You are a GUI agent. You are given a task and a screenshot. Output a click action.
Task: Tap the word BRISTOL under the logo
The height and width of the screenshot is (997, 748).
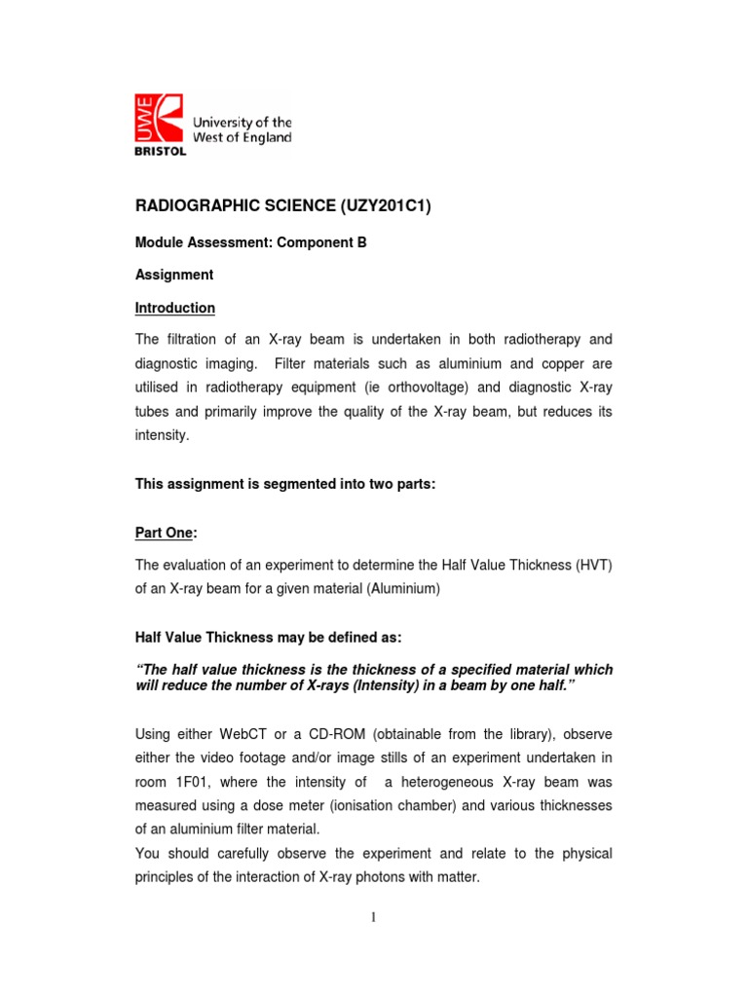(x=157, y=151)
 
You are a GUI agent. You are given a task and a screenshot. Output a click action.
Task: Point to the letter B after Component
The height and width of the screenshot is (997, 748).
(x=361, y=243)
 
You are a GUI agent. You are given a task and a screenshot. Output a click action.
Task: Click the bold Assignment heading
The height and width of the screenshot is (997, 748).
(x=173, y=276)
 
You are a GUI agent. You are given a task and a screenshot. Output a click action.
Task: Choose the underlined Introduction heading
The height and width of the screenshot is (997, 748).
(x=174, y=308)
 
